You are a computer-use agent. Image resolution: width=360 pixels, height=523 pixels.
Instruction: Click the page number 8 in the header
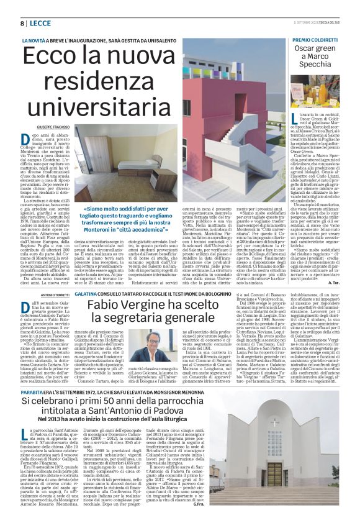(22, 23)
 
